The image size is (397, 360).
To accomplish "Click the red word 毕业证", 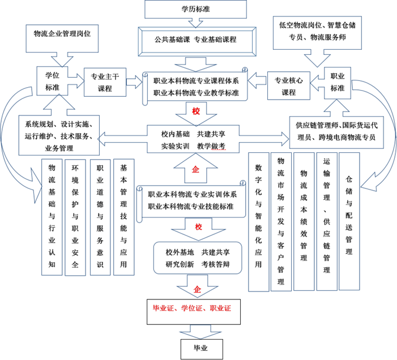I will click(x=163, y=308).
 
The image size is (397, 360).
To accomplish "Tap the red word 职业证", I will click(x=220, y=308).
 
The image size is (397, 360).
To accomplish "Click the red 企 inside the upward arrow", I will click(x=195, y=169).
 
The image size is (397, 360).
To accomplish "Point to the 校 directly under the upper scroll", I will click(x=196, y=112).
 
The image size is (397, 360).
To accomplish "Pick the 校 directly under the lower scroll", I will click(x=198, y=227).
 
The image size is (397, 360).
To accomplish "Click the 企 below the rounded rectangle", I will click(x=197, y=289).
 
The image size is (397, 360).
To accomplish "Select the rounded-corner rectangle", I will click(x=197, y=258).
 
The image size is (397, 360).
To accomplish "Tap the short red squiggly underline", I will click(x=219, y=150).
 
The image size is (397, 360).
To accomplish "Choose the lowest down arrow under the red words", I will click(x=200, y=332).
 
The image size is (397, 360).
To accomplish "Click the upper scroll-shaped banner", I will click(x=195, y=87).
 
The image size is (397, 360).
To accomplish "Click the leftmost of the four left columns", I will click(x=52, y=217).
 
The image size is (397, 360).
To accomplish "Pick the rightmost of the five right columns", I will click(x=349, y=221).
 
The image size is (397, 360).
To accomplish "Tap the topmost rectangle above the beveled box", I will click(x=195, y=10).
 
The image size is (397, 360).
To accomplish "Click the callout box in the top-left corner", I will click(x=62, y=38).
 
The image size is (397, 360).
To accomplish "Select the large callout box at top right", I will click(x=317, y=33).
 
